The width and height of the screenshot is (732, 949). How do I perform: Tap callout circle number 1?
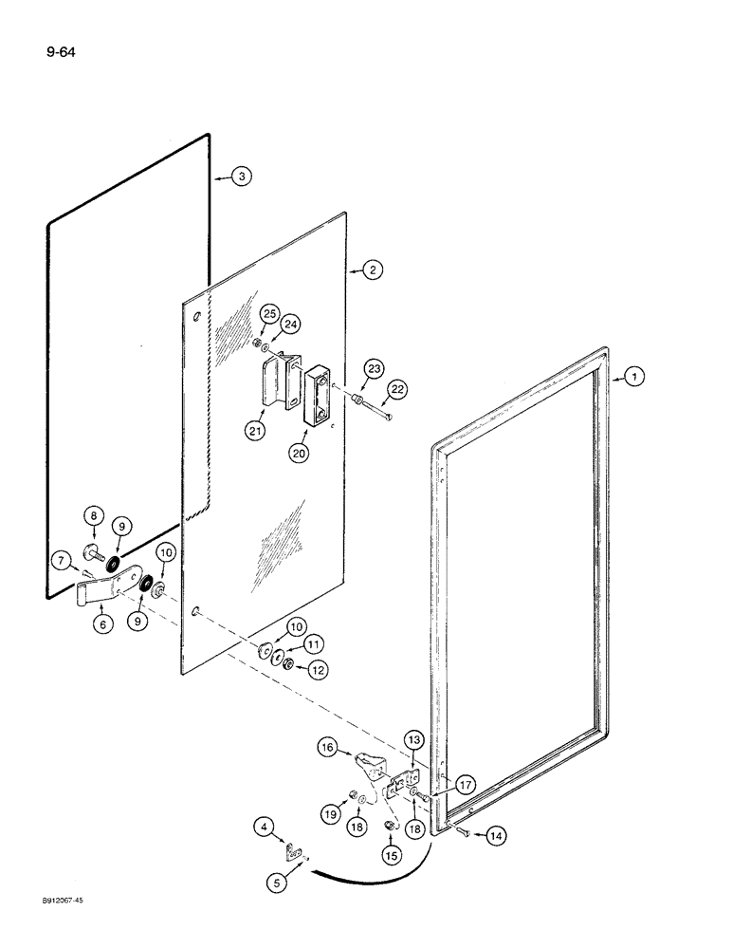pyautogui.click(x=634, y=378)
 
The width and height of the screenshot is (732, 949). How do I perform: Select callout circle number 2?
pyautogui.click(x=372, y=270)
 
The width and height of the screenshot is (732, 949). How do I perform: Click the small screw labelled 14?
pyautogui.click(x=462, y=832)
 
